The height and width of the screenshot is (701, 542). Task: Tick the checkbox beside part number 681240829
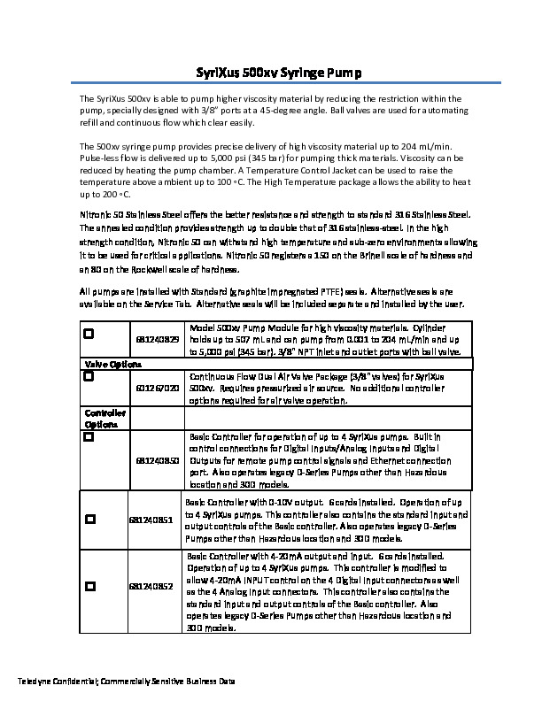[89, 335]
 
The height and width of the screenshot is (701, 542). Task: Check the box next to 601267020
[89, 376]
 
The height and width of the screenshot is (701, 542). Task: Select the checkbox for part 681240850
[89, 437]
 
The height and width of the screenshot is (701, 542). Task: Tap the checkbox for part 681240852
[90, 586]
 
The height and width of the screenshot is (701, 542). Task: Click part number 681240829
[158, 339]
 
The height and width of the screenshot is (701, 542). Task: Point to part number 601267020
[158, 388]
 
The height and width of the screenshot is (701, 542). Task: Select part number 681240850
[158, 461]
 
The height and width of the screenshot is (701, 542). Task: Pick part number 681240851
[150, 521]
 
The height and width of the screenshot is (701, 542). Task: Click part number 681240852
[150, 586]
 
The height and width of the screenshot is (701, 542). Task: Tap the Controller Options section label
[105, 419]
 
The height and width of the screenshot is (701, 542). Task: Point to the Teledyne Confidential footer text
[127, 682]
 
